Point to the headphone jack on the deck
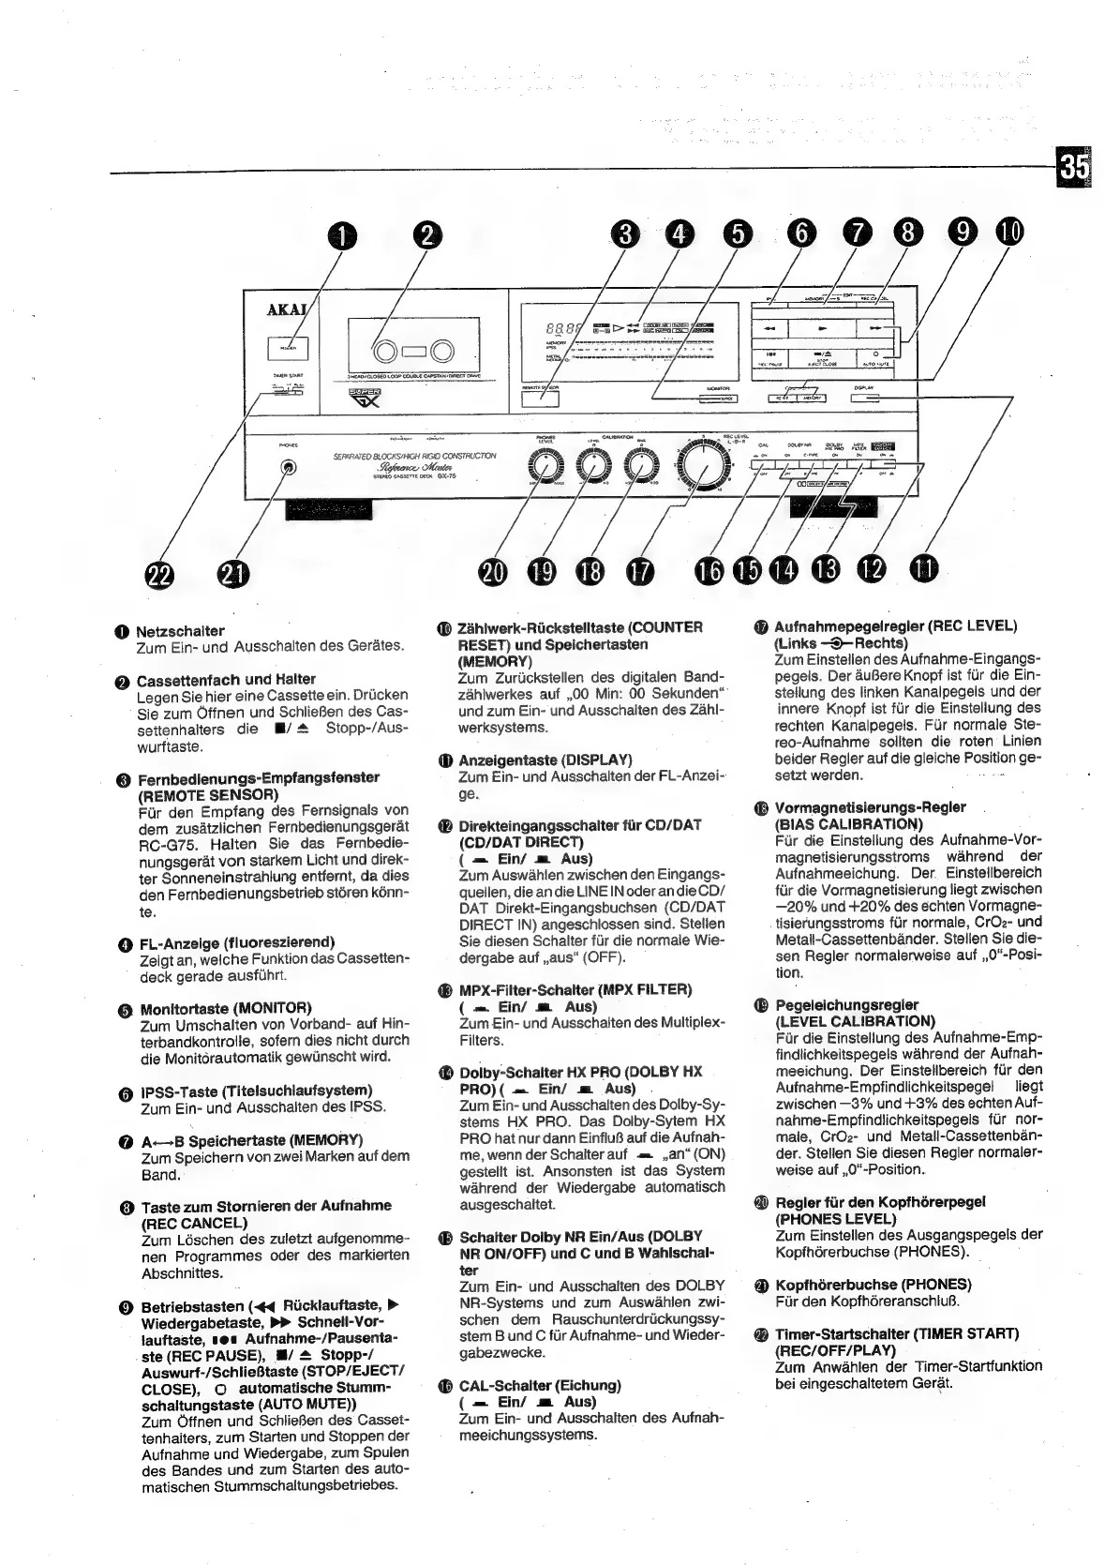(288, 469)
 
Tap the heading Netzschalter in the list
(180, 631)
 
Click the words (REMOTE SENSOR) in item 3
(207, 794)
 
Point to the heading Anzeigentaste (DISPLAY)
(545, 760)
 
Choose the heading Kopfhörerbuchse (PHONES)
(873, 1284)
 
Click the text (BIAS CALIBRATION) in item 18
(849, 824)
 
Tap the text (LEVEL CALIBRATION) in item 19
(855, 1021)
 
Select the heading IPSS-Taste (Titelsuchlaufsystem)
(257, 1091)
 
